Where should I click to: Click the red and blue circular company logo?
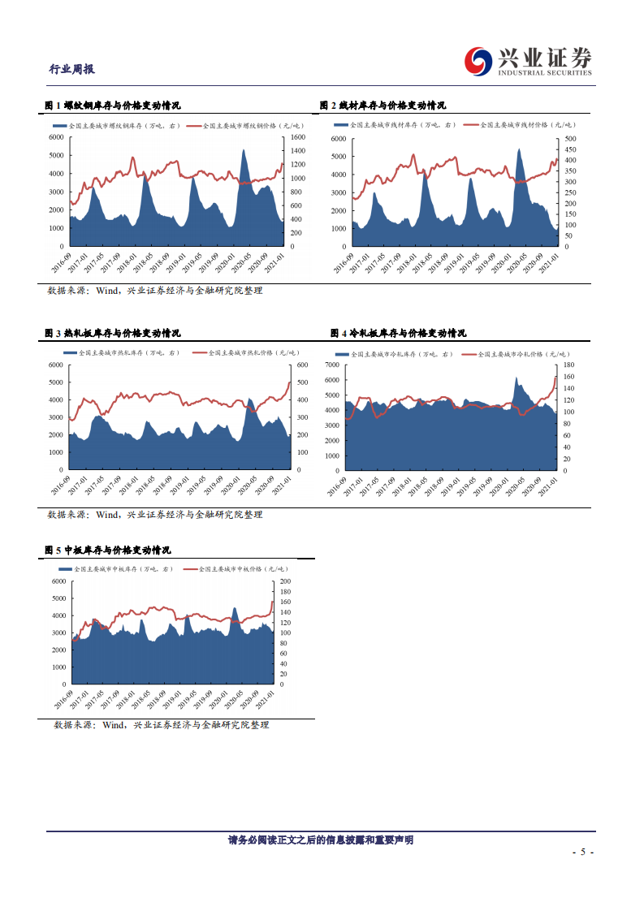coord(478,59)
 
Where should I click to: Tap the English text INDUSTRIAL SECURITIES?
coord(546,73)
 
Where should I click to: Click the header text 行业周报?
coord(72,69)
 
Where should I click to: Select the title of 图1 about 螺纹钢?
coord(112,106)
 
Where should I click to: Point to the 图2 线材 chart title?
coord(383,106)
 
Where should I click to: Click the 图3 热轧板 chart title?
coord(112,333)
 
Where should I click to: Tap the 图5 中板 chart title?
coord(107,550)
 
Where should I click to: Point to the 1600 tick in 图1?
coord(297,137)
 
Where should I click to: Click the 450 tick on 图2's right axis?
coord(569,150)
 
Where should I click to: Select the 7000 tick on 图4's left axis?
coord(331,365)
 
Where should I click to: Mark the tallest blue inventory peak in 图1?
coord(244,151)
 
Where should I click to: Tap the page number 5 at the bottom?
coord(583,853)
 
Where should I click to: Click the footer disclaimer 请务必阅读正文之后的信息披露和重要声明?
coord(321,840)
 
